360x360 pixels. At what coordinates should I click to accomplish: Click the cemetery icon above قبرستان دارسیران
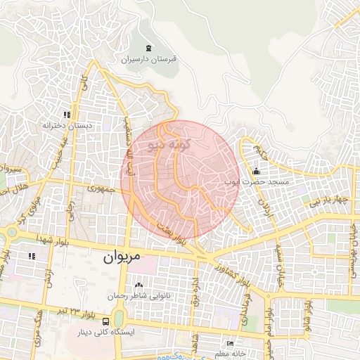[148, 49]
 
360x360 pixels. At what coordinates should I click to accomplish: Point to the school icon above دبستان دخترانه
[67, 115]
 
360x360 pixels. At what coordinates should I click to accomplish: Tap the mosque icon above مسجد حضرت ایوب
[255, 172]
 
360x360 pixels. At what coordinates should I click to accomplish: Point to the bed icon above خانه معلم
[230, 344]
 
